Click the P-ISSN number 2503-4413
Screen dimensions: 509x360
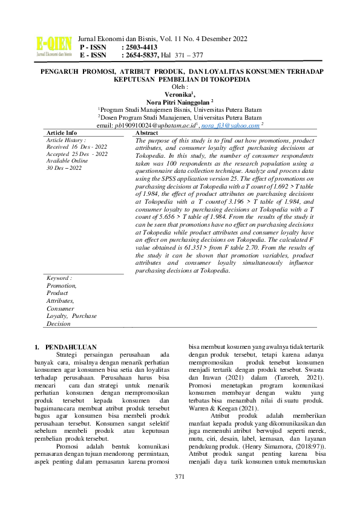(x=141, y=47)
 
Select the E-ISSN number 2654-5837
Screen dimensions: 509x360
(x=140, y=55)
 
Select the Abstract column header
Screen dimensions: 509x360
(x=147, y=132)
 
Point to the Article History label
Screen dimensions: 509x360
(x=67, y=140)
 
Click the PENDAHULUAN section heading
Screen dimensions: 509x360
(x=75, y=346)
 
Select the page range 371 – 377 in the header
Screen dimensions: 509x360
(x=189, y=55)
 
